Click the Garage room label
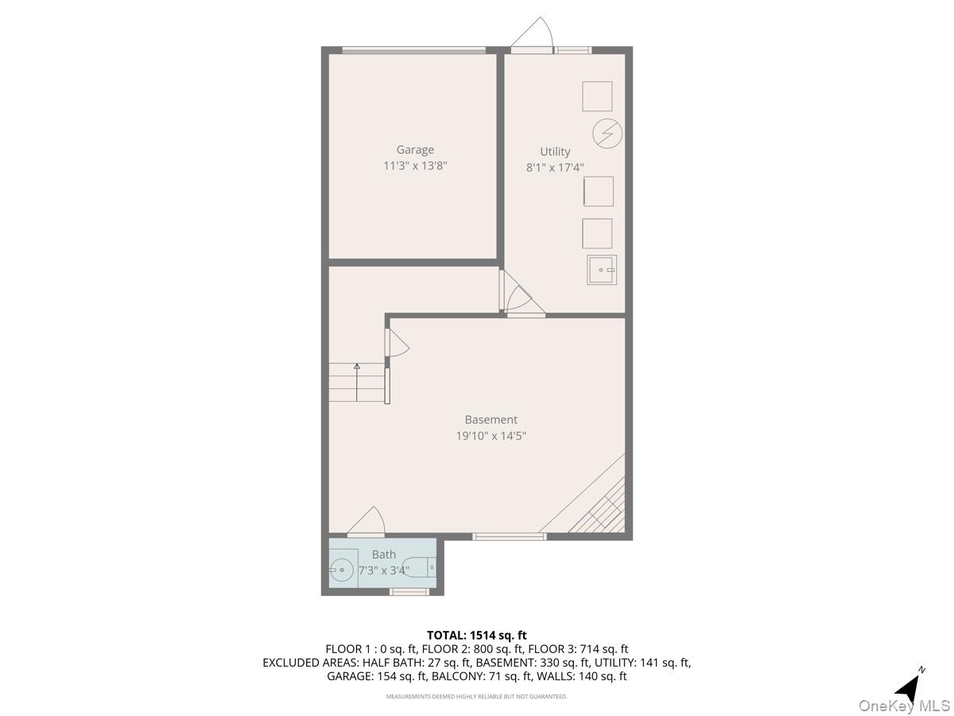point(415,150)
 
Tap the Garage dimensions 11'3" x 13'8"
point(415,165)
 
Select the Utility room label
point(555,152)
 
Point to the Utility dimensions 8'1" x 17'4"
point(555,168)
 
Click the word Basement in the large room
point(491,419)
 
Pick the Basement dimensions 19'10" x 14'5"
point(491,436)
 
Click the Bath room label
point(383,555)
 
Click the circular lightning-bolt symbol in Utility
point(607,133)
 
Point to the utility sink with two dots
point(602,270)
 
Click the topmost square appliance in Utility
point(597,96)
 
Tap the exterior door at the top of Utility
point(531,36)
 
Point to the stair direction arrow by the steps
point(357,368)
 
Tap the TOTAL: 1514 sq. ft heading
point(476,635)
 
